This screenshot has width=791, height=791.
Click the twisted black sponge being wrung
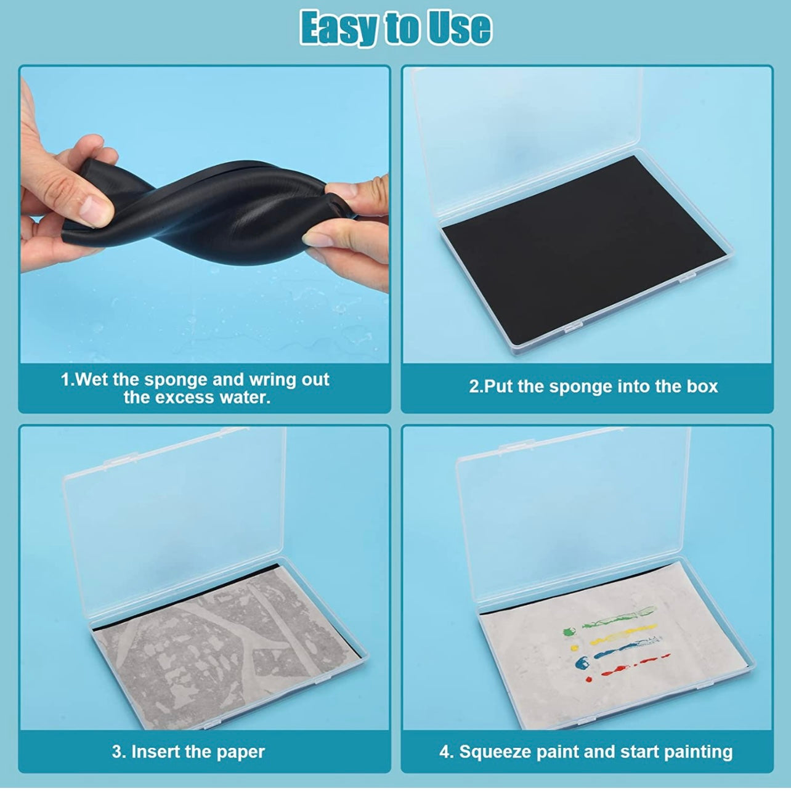click(x=205, y=203)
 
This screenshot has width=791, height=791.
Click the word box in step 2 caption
click(x=704, y=386)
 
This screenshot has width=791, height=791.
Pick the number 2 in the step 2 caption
click(x=474, y=387)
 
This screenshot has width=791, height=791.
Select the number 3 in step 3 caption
click(x=118, y=752)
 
